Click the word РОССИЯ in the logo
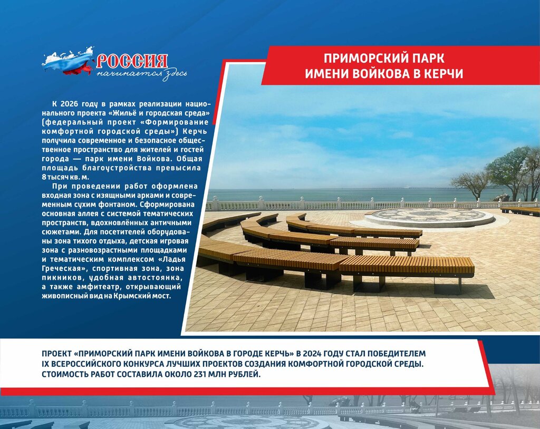coord(132,61)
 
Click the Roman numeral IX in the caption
coord(45,364)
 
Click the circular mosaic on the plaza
coord(429,218)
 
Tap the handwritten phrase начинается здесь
coord(141,74)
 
